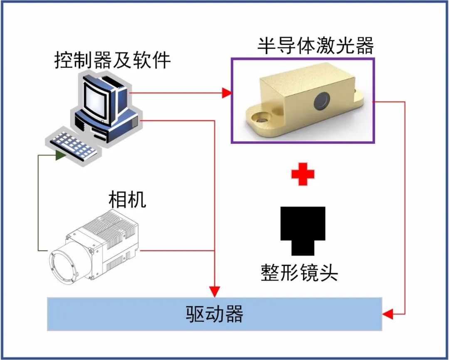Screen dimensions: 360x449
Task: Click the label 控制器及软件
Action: (x=113, y=61)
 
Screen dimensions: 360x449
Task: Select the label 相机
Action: (x=127, y=200)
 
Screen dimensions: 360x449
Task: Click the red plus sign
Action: (x=303, y=175)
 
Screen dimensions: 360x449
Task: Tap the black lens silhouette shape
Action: (x=303, y=229)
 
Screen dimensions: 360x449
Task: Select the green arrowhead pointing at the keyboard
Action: (x=61, y=155)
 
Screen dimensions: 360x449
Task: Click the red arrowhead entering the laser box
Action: (x=227, y=93)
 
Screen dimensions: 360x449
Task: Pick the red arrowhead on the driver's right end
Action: (x=387, y=314)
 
